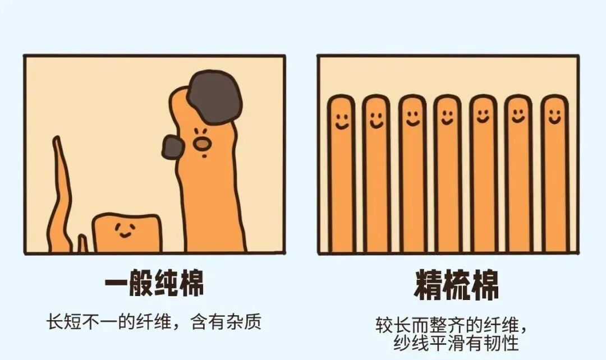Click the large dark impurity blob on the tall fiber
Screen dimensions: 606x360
(215, 98)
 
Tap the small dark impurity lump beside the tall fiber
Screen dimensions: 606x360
(172, 147)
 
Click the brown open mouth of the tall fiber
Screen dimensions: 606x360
(202, 144)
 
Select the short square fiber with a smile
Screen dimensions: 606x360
(126, 233)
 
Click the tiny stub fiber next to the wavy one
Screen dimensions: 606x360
(82, 244)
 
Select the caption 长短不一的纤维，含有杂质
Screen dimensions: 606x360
(154, 322)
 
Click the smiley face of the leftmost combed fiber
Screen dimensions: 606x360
(342, 121)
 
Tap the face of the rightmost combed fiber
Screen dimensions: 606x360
(554, 117)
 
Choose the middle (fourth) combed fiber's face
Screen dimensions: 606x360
(448, 117)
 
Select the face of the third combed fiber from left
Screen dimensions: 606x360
(413, 118)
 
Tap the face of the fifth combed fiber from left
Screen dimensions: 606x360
(483, 116)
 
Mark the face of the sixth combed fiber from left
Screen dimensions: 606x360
(518, 116)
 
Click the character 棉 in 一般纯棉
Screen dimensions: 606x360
(191, 283)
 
